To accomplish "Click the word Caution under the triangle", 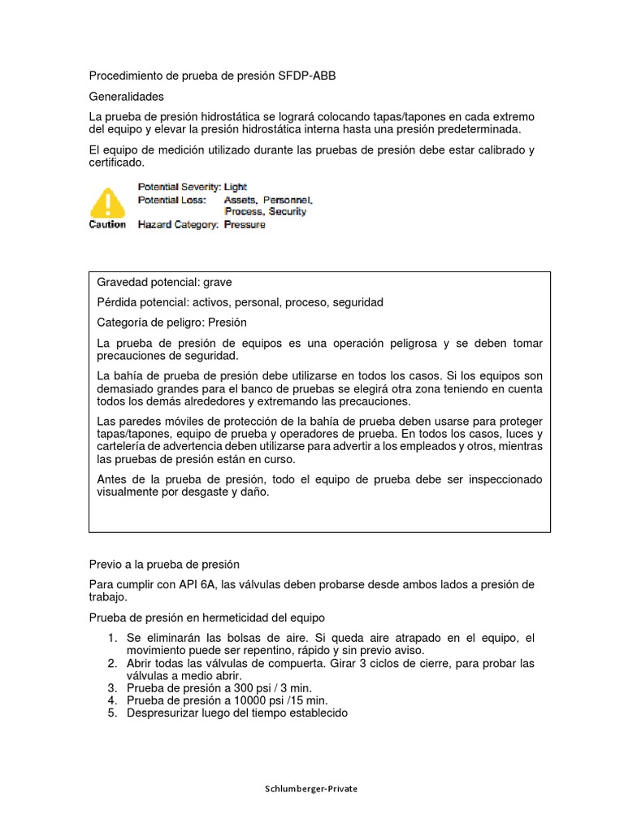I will pos(107,225).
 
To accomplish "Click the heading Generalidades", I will pos(126,97).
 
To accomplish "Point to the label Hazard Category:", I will pos(178,225).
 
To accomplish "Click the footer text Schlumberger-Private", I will pos(311,789).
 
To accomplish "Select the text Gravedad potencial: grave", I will pos(164,282).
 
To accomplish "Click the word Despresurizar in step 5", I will pos(162,713).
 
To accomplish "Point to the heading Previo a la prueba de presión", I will pos(164,565).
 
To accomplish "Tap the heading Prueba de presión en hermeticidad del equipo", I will pos(206,618).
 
